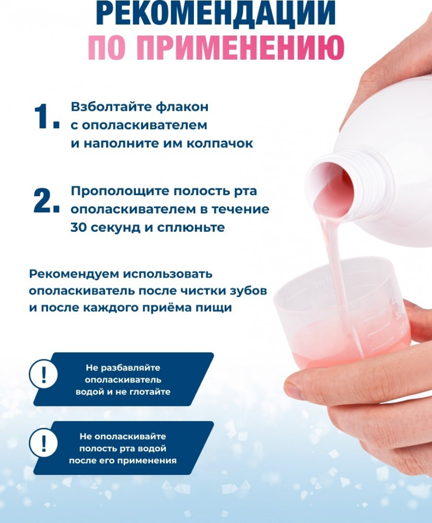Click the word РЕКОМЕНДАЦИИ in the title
pos(216,13)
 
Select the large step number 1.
pos(46,116)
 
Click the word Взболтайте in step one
pos(111,107)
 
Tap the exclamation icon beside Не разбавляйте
pos(44,374)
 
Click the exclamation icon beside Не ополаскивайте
pos(44,443)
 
